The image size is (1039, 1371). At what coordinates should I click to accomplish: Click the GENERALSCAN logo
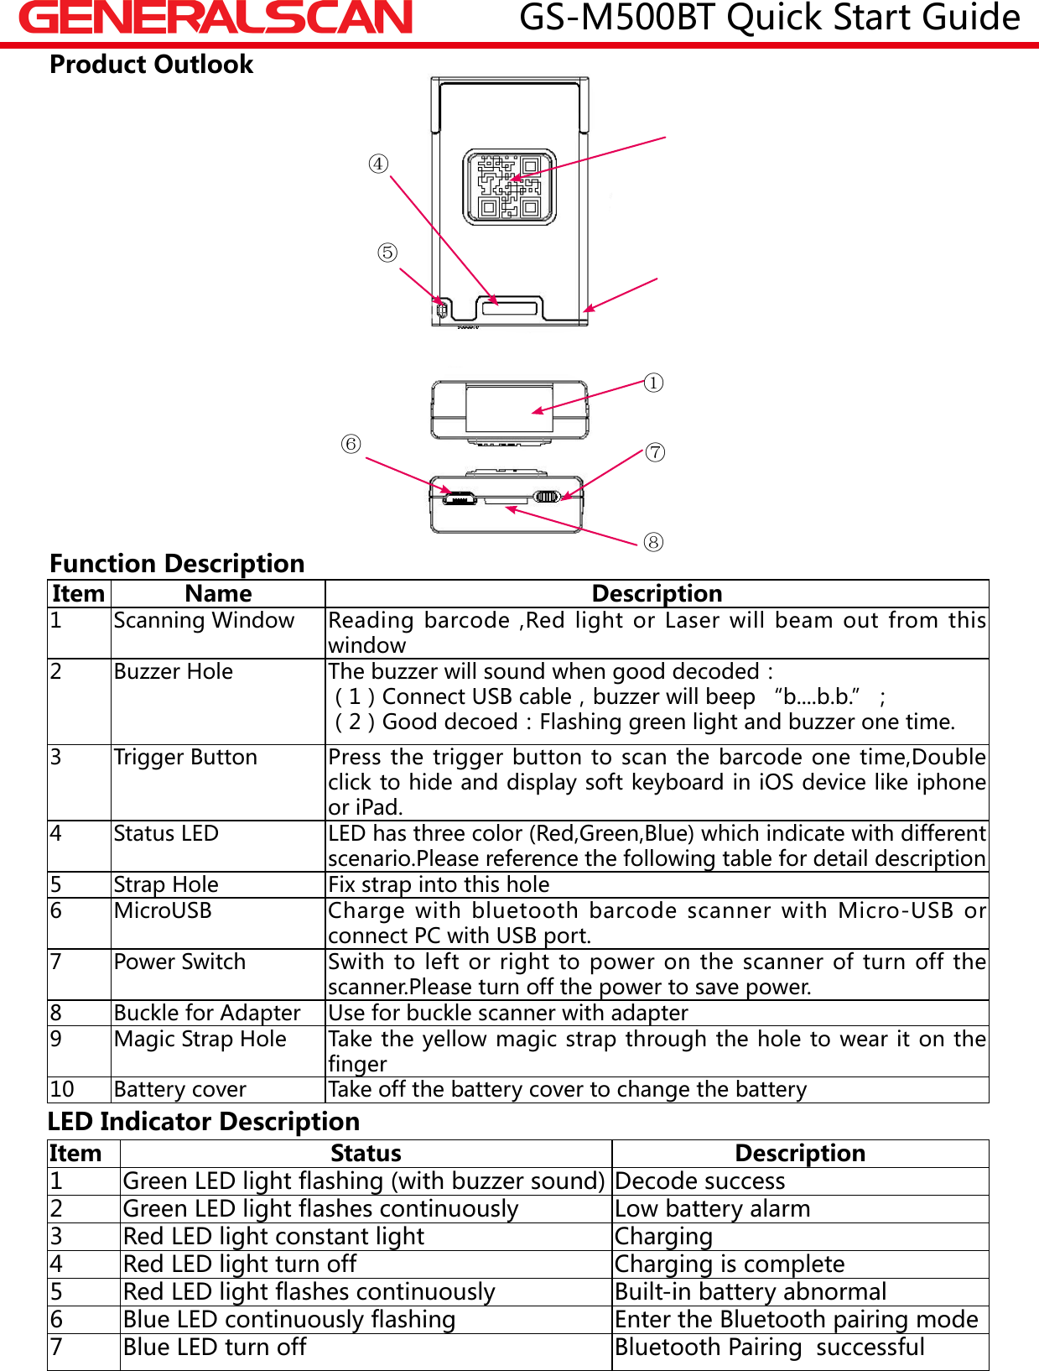coord(216,18)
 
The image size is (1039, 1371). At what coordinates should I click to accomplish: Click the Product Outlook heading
coord(151,65)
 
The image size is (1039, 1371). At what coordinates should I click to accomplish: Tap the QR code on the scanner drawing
coord(509,186)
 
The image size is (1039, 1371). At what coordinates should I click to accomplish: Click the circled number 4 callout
coord(379,164)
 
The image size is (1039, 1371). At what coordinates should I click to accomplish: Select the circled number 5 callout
coord(387,253)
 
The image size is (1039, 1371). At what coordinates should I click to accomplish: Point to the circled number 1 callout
coord(654,383)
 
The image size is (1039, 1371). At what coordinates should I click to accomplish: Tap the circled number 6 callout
coord(351,444)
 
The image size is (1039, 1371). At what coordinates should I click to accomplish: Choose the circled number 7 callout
coord(655,453)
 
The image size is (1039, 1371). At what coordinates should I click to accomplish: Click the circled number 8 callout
coord(653,542)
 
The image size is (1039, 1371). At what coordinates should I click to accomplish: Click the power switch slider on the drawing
coord(547,497)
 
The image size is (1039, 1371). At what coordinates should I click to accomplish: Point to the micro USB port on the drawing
coord(459,498)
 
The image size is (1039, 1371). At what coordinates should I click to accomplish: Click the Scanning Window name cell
coord(204,620)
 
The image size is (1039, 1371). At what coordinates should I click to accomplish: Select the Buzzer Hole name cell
coord(174,671)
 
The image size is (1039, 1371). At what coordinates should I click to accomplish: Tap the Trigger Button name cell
coord(185,757)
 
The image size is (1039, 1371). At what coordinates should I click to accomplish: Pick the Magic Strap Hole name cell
coord(200,1039)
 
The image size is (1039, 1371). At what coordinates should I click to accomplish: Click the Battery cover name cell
coord(180,1089)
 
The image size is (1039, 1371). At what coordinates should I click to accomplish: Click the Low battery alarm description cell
coord(713,1208)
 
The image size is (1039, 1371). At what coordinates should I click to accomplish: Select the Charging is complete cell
coord(730,1264)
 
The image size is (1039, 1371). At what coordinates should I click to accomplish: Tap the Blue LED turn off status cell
coord(215,1347)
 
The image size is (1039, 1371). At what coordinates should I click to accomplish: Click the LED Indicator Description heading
coord(204,1122)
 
